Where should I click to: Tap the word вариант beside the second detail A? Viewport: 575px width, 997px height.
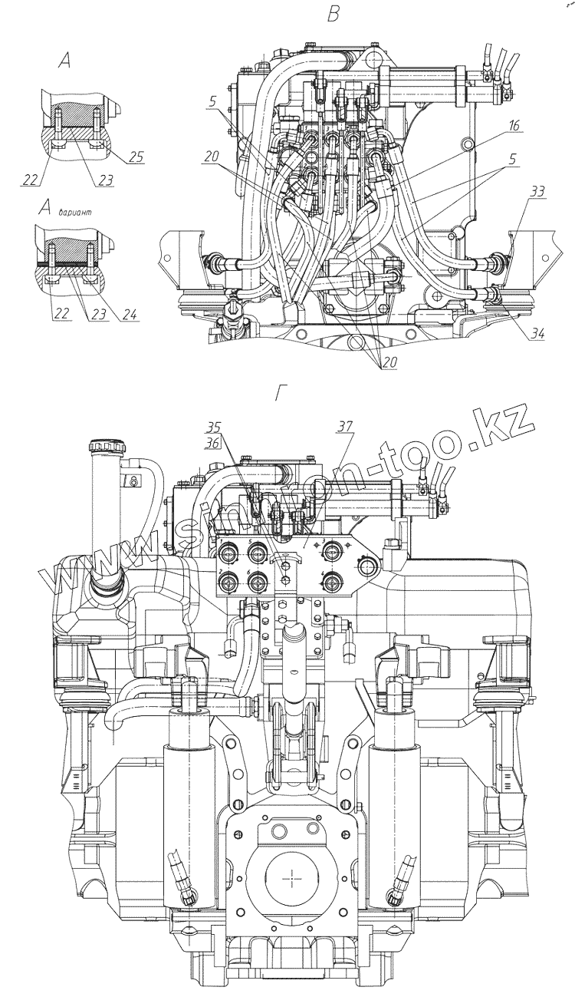[x=73, y=212]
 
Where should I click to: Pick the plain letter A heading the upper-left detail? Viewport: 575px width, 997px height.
[x=64, y=62]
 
